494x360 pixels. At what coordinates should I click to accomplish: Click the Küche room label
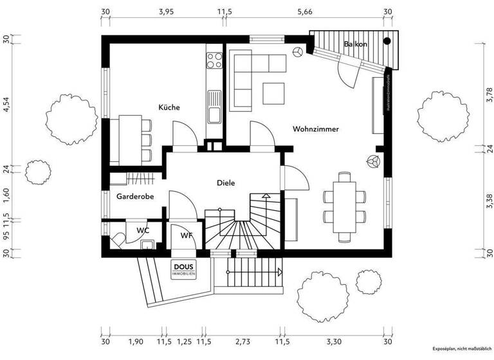pyautogui.click(x=169, y=107)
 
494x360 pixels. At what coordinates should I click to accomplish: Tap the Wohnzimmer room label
pyautogui.click(x=315, y=129)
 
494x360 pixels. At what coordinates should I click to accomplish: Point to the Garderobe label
pyautogui.click(x=134, y=197)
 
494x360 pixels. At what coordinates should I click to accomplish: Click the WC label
pyautogui.click(x=143, y=230)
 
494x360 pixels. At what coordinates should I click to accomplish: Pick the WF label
pyautogui.click(x=187, y=236)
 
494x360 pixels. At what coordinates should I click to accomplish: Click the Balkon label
pyautogui.click(x=356, y=44)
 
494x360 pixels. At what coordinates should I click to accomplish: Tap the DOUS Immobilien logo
pyautogui.click(x=184, y=269)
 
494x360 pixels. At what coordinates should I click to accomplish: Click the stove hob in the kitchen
pyautogui.click(x=213, y=60)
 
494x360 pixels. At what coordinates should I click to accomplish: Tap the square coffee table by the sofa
pyautogui.click(x=275, y=93)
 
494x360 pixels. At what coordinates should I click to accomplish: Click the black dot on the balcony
pyautogui.click(x=387, y=42)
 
